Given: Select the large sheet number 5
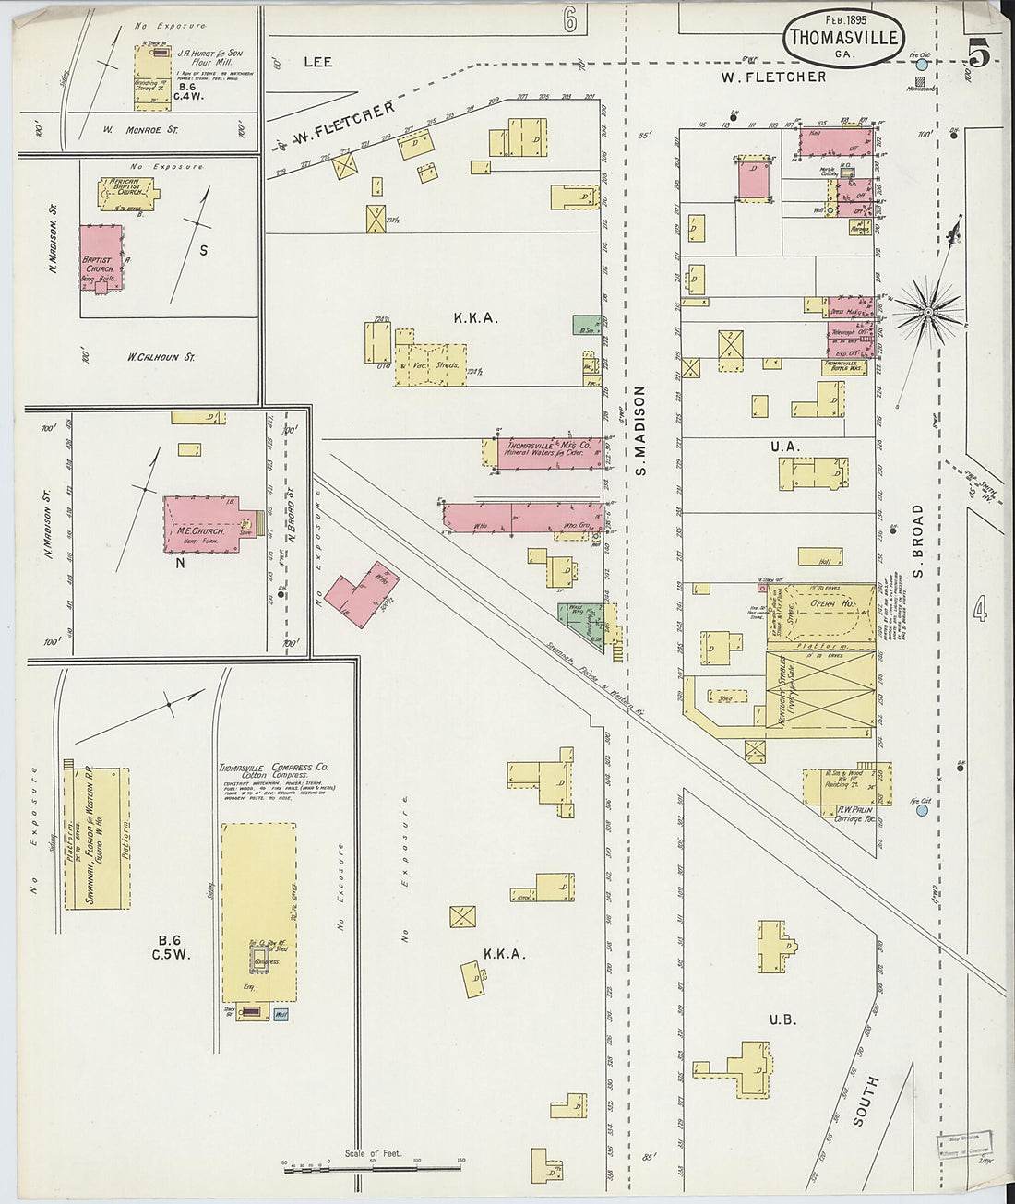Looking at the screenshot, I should (x=978, y=55).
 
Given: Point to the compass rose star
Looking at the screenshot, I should (x=930, y=311).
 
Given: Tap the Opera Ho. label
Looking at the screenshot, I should (x=831, y=603).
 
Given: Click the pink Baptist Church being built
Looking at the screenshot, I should (x=101, y=258).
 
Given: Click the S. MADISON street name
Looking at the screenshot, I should (x=639, y=431).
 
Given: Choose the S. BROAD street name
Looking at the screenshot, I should (x=918, y=541).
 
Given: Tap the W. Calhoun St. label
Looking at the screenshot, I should (x=161, y=357).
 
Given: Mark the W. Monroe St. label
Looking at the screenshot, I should (x=140, y=130).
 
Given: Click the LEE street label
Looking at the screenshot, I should (x=317, y=62).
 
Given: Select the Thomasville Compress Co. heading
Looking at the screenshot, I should (x=273, y=768).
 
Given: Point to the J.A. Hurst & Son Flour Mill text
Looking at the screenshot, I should (x=209, y=57).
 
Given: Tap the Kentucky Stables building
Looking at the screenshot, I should (x=820, y=693).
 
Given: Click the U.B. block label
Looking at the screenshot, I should (x=782, y=1019).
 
